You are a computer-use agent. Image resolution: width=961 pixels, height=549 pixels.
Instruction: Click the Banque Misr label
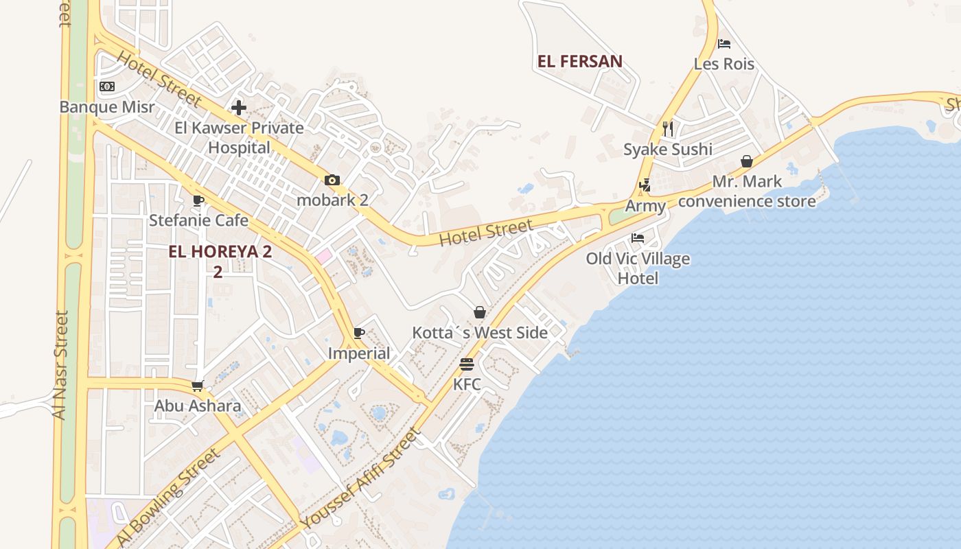point(106,107)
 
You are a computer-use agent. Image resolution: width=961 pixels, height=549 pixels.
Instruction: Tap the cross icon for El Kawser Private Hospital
point(239,108)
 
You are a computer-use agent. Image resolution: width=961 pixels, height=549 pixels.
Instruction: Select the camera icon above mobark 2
point(332,180)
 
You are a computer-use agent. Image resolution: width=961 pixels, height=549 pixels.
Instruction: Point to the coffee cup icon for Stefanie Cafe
point(198,201)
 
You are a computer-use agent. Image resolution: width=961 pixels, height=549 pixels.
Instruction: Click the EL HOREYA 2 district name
point(220,252)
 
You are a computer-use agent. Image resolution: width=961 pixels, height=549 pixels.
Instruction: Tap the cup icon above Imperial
point(358,334)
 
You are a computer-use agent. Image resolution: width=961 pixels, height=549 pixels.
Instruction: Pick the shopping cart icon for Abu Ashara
point(198,386)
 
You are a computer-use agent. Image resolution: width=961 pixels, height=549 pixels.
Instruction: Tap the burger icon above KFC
point(467,364)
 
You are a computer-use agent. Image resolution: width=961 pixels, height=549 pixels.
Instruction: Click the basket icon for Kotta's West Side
point(480,313)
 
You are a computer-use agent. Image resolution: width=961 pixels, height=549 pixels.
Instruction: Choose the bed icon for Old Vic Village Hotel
point(638,239)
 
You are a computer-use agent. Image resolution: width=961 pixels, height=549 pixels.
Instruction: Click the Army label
point(645,206)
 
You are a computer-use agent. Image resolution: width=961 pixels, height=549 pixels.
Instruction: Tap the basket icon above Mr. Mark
point(747,162)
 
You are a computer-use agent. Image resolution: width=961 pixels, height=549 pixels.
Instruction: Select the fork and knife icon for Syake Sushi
point(668,128)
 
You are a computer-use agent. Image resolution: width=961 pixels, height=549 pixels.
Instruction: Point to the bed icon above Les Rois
point(723,44)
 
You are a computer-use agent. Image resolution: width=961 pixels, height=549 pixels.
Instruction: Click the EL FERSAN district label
point(580,62)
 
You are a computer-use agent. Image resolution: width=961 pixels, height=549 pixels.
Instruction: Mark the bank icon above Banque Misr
point(106,86)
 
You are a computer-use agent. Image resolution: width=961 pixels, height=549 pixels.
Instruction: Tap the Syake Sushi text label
point(668,150)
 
